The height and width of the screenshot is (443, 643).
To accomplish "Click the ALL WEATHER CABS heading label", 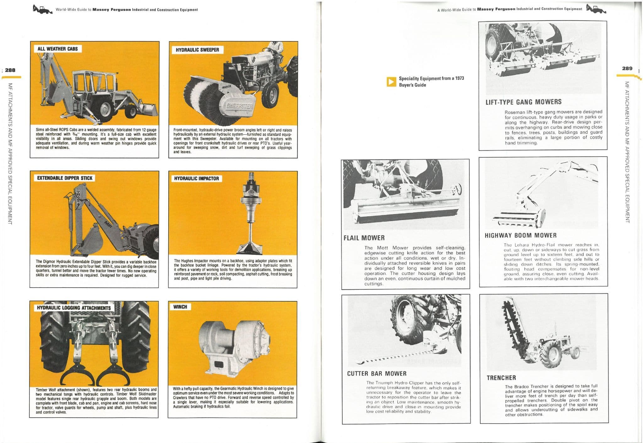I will [x=57, y=49].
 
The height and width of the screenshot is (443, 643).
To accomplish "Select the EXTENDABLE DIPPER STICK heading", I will [x=65, y=178].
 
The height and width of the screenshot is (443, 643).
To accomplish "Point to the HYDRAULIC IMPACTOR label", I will [x=196, y=178].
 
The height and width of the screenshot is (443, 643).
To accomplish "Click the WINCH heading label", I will [x=180, y=307].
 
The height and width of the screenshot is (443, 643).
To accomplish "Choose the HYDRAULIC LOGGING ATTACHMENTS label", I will [x=74, y=308].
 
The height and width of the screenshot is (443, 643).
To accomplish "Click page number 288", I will [x=10, y=70].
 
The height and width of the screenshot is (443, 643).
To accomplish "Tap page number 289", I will [x=627, y=68].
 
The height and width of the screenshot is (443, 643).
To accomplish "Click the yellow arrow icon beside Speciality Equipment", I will [x=391, y=82].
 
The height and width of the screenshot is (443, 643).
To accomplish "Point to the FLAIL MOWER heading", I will [x=364, y=238].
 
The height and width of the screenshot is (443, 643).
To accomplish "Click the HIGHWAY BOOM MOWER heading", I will [x=521, y=235].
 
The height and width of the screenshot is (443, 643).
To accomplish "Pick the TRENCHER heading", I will [x=501, y=378].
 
